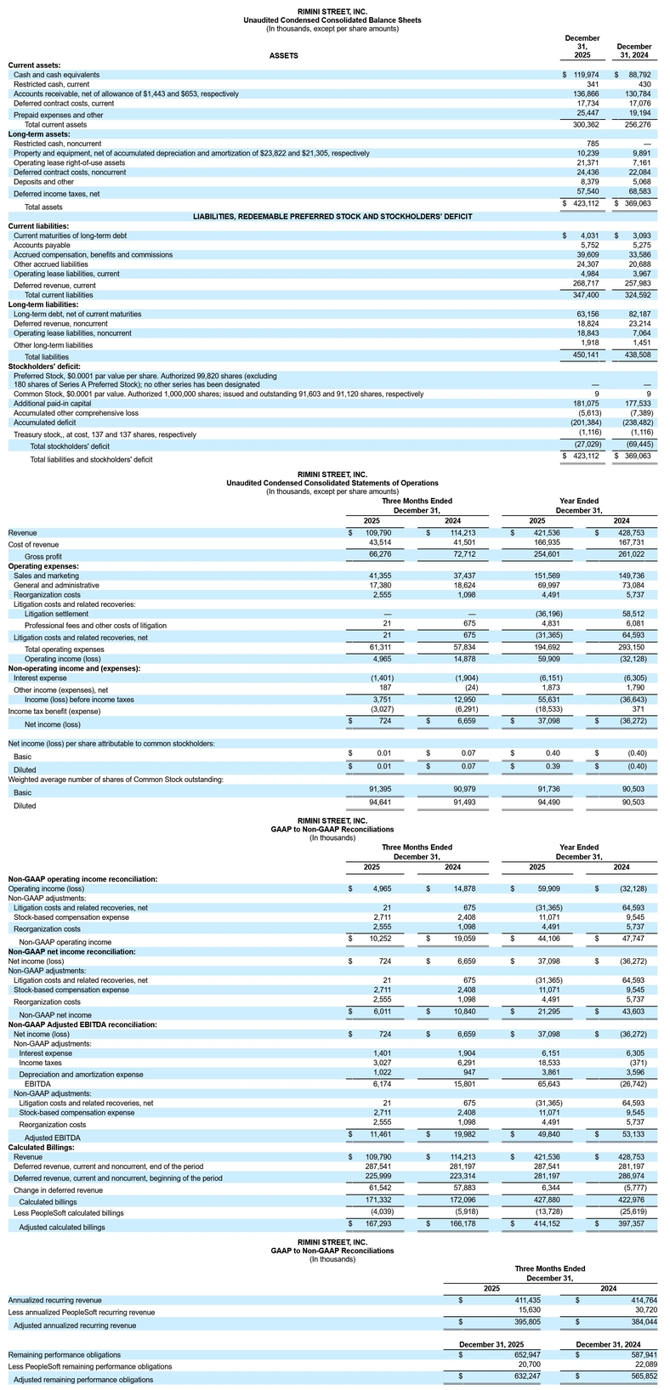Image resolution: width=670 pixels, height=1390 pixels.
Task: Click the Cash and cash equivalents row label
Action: [x=56, y=75]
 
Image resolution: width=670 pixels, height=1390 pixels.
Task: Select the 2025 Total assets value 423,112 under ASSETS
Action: [x=587, y=205]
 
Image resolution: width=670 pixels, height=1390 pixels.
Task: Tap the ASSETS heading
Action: [x=283, y=55]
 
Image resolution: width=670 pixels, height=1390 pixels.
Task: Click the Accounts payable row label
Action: [x=40, y=245]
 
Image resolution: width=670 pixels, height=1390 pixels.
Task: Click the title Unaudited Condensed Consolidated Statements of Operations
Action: [x=332, y=483]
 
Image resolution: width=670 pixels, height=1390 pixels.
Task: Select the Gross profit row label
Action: [x=48, y=555]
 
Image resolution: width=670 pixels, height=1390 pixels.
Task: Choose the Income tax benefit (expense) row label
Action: [x=54, y=711]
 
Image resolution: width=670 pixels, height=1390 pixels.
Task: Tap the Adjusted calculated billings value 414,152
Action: [x=533, y=1227]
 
